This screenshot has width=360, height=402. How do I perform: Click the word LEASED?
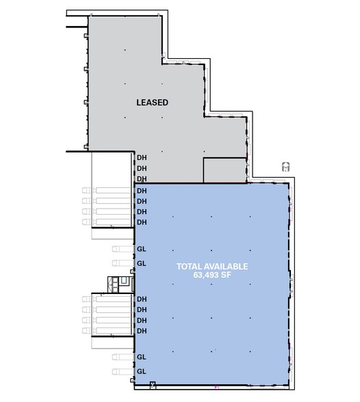pyautogui.click(x=152, y=103)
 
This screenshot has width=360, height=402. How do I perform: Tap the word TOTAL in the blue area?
pyautogui.click(x=189, y=266)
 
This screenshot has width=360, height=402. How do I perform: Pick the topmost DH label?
pyautogui.click(x=142, y=157)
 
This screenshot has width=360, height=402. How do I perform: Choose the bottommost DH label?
pyautogui.click(x=142, y=331)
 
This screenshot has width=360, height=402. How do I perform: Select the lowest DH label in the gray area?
pyautogui.click(x=142, y=178)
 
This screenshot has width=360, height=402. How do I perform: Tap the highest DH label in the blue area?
pyautogui.click(x=142, y=190)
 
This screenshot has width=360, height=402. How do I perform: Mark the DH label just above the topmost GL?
pyautogui.click(x=142, y=222)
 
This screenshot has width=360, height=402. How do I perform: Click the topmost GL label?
pyautogui.click(x=142, y=249)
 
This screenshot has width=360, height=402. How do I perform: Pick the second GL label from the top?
pyautogui.click(x=142, y=263)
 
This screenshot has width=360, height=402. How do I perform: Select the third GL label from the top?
pyautogui.click(x=142, y=357)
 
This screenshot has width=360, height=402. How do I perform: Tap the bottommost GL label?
pyautogui.click(x=142, y=371)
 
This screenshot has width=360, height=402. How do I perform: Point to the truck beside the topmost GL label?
pyautogui.click(x=122, y=249)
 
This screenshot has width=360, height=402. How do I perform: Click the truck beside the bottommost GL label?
pyautogui.click(x=122, y=371)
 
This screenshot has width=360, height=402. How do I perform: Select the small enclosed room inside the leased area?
pyautogui.click(x=224, y=170)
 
